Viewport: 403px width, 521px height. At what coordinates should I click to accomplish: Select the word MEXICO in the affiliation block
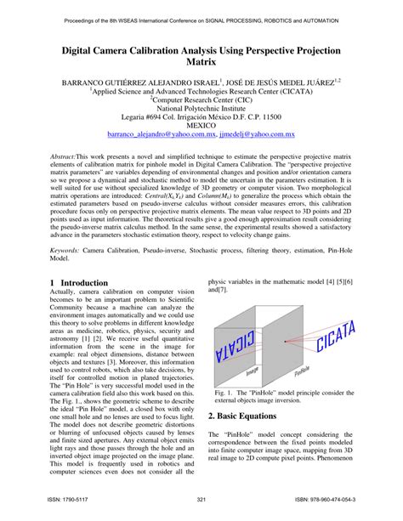point(201,124)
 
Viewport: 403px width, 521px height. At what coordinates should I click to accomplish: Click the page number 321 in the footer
point(201,500)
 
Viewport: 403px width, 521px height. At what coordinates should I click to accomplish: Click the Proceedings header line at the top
point(201,15)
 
